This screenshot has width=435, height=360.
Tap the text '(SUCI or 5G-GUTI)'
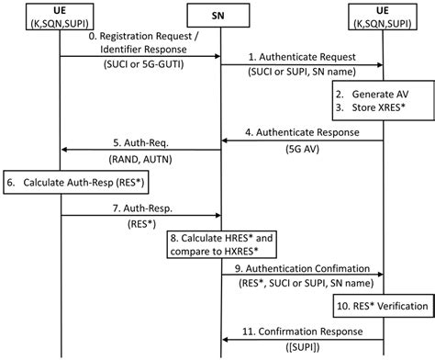pyautogui.click(x=139, y=67)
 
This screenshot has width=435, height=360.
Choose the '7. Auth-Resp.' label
pyautogui.click(x=139, y=207)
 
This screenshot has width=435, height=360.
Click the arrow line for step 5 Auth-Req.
pyautogui.click(x=139, y=150)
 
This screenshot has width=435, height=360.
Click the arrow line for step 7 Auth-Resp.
pyautogui.click(x=139, y=216)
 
